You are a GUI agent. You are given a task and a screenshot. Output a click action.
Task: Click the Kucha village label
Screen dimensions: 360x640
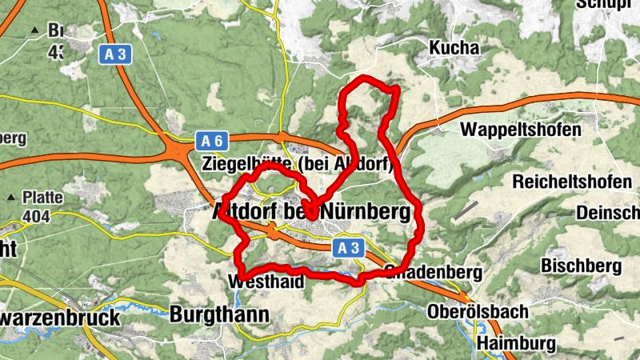click(x=454, y=49)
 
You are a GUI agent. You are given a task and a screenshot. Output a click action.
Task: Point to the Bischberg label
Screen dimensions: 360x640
click(x=582, y=265)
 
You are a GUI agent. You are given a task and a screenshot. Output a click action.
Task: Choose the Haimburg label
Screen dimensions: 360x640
click(x=516, y=344)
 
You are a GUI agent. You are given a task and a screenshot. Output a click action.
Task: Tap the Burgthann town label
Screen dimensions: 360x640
click(x=219, y=314)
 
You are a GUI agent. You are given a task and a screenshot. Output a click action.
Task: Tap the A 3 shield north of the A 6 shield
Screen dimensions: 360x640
click(x=114, y=54)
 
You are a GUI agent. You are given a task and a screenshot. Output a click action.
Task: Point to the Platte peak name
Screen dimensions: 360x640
click(x=42, y=198)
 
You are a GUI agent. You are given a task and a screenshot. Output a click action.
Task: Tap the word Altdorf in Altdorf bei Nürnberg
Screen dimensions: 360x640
click(x=245, y=213)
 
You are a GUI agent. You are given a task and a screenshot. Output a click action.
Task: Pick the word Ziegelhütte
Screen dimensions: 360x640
click(x=248, y=165)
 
